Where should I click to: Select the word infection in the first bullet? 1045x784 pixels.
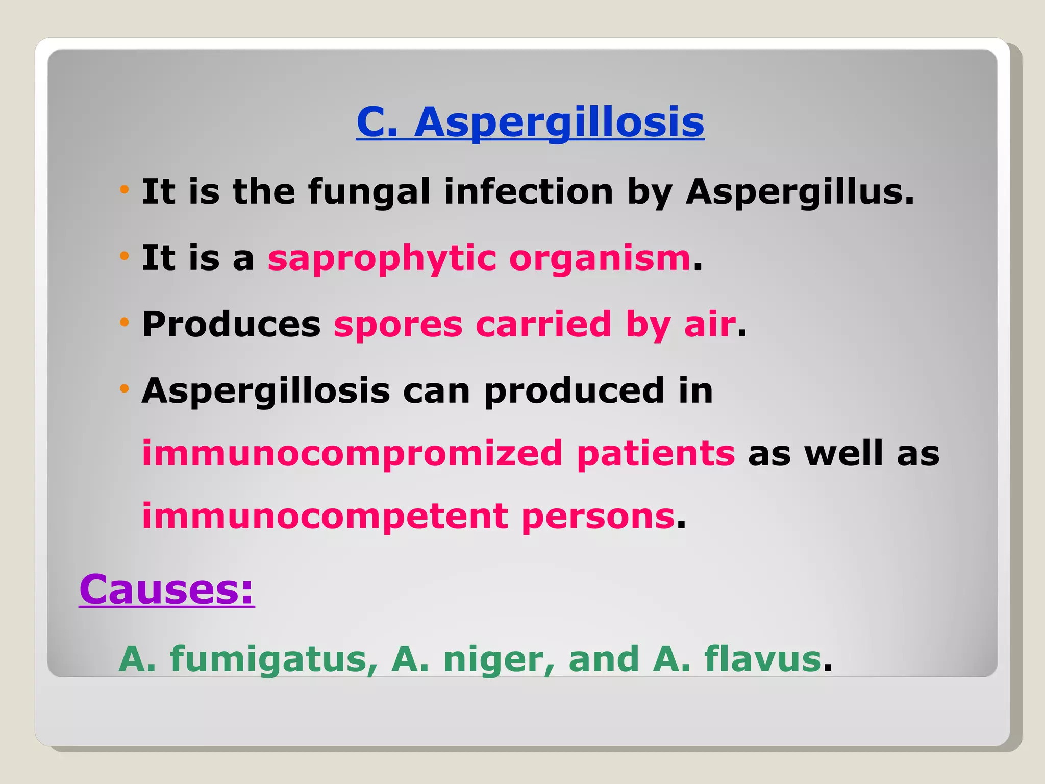point(529,192)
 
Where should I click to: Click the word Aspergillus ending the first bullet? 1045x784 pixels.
point(799,192)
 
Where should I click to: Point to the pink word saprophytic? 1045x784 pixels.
point(382,258)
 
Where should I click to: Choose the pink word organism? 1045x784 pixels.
point(600,258)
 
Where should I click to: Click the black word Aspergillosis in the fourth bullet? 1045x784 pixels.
point(266,391)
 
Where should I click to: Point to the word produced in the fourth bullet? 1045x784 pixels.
point(575,391)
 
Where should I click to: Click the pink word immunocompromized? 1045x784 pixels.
point(352,453)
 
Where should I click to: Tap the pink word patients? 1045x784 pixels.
point(656,453)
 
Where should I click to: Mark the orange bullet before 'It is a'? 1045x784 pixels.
point(124,256)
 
